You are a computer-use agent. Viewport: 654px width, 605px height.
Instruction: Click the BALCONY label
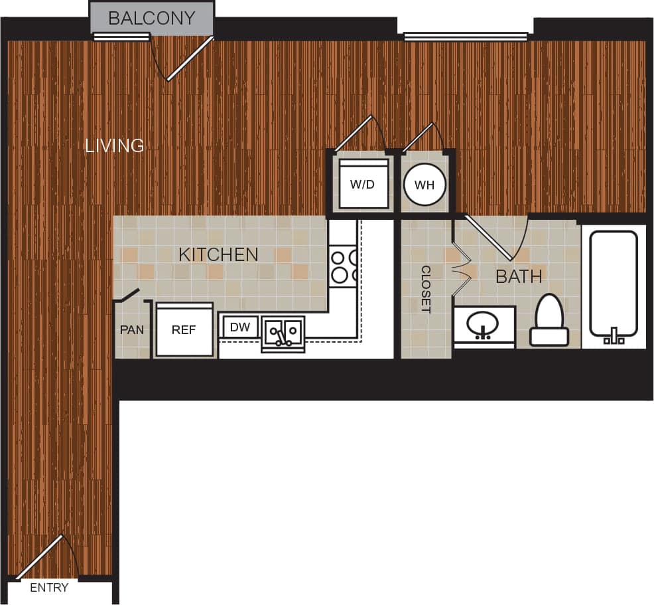pyautogui.click(x=152, y=18)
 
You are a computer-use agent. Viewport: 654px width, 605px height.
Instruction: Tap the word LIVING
pyautogui.click(x=115, y=145)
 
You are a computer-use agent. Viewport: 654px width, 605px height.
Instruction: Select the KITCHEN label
pyautogui.click(x=218, y=254)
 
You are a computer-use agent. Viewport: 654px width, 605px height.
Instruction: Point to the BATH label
pyautogui.click(x=519, y=276)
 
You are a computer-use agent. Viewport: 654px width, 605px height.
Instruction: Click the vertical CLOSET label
pyautogui.click(x=426, y=289)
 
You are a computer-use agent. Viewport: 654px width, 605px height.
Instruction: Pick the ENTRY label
pyautogui.click(x=49, y=588)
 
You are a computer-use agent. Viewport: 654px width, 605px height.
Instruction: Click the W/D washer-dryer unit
pyautogui.click(x=362, y=184)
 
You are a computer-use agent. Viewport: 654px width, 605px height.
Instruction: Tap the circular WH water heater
pyautogui.click(x=425, y=185)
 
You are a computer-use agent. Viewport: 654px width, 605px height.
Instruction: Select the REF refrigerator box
pyautogui.click(x=184, y=330)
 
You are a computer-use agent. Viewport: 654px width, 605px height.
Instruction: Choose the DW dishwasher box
pyautogui.click(x=239, y=327)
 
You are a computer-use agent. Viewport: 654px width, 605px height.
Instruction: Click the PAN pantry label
pyautogui.click(x=132, y=329)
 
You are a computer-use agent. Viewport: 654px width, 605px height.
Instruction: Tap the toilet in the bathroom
pyautogui.click(x=549, y=321)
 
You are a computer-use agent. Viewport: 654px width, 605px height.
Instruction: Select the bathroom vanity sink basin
pyautogui.click(x=484, y=325)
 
